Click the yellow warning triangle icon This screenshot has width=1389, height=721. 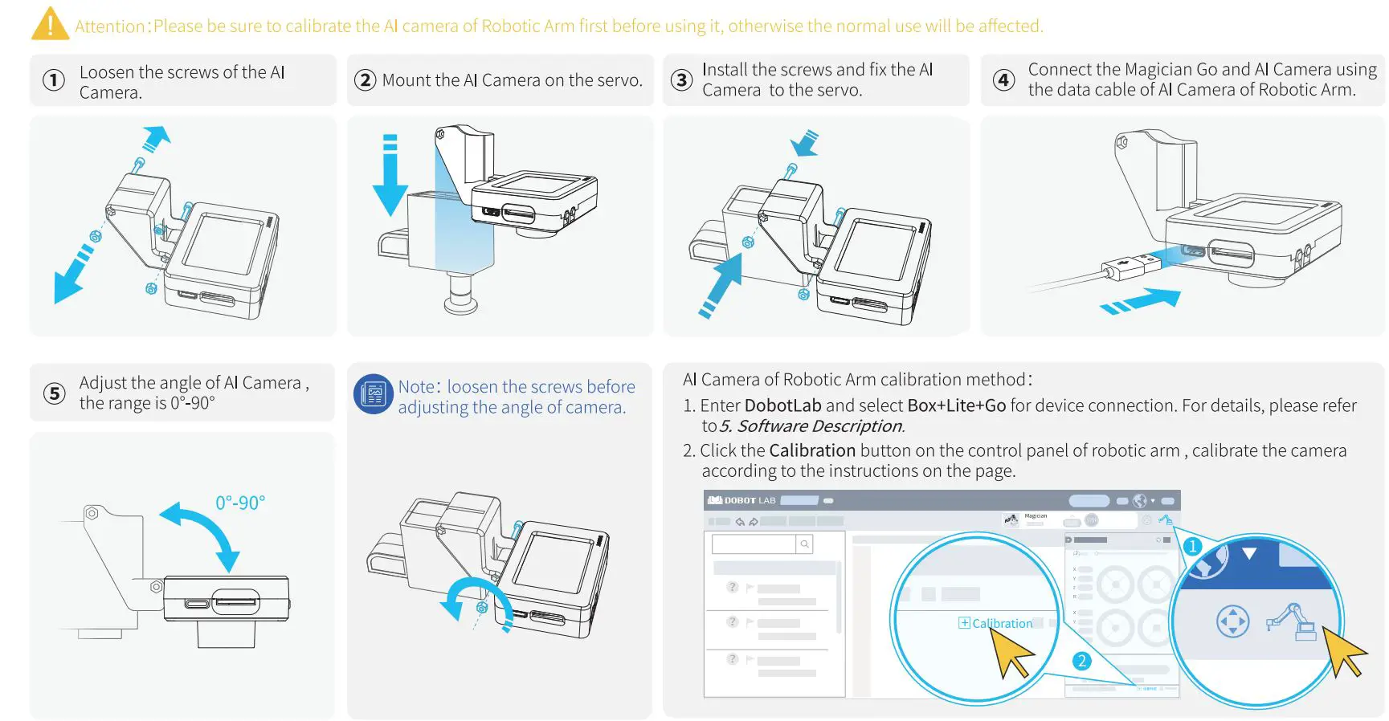pyautogui.click(x=50, y=25)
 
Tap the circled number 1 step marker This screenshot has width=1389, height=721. pyautogui.click(x=54, y=80)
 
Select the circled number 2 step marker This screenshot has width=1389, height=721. pyautogui.click(x=366, y=80)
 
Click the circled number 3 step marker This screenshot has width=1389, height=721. pyautogui.click(x=681, y=80)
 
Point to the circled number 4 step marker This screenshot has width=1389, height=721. pyautogui.click(x=1003, y=80)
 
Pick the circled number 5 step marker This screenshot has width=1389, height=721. pyautogui.click(x=54, y=393)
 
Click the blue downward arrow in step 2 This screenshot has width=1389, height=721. pyautogui.click(x=390, y=177)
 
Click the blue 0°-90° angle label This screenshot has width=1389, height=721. pyautogui.click(x=240, y=503)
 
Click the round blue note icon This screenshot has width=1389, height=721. pyautogui.click(x=374, y=394)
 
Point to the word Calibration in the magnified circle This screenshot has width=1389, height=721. pyautogui.click(x=1002, y=623)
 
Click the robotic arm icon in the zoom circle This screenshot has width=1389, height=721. pyautogui.click(x=1293, y=621)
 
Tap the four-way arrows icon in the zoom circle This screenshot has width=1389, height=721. pyautogui.click(x=1232, y=621)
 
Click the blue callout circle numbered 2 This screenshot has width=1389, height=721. pyautogui.click(x=1081, y=661)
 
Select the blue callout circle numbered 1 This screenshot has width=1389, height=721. pyautogui.click(x=1192, y=546)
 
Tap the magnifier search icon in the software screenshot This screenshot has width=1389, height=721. pyautogui.click(x=804, y=544)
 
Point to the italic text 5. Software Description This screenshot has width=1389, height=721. pyautogui.click(x=812, y=426)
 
